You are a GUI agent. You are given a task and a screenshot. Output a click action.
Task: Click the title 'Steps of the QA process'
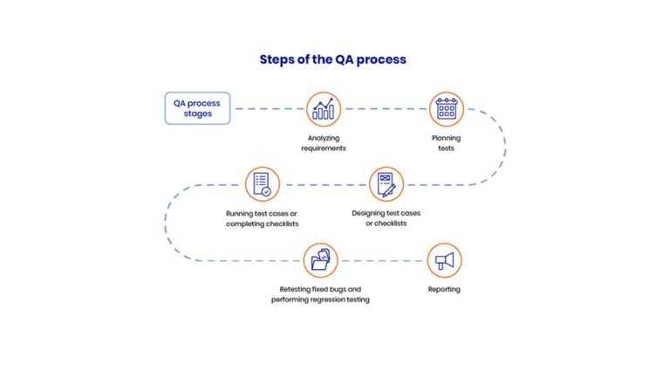pyautogui.click(x=332, y=59)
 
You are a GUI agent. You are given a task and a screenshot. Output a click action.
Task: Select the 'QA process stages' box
pyautogui.click(x=197, y=108)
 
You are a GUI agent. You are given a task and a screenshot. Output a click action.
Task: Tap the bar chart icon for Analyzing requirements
pyautogui.click(x=324, y=109)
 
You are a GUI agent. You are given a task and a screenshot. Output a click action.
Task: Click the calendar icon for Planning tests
pyautogui.click(x=446, y=109)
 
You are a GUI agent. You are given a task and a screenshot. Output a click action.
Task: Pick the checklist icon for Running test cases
pyautogui.click(x=262, y=184)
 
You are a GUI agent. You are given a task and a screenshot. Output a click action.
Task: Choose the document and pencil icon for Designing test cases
pyautogui.click(x=386, y=184)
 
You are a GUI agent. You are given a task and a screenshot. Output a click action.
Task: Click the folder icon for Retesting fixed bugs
pyautogui.click(x=320, y=260)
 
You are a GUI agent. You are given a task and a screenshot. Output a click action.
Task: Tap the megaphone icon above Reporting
pyautogui.click(x=444, y=260)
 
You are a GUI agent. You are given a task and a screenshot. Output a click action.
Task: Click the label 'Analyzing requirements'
pyautogui.click(x=324, y=143)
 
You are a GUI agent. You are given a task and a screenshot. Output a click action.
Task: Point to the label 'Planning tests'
pyautogui.click(x=446, y=143)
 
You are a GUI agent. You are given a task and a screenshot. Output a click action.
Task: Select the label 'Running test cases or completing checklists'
pyautogui.click(x=262, y=218)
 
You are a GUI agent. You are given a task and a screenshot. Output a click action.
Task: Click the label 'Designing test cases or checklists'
pyautogui.click(x=386, y=218)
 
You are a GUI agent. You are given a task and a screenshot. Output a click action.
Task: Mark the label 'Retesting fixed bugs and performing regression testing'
pyautogui.click(x=320, y=294)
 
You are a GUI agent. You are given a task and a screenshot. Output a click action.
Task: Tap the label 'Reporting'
pyautogui.click(x=444, y=289)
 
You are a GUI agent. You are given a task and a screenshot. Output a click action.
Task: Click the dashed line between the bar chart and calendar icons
pyautogui.click(x=385, y=109)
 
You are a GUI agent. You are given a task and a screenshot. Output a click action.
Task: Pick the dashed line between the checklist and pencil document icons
pyautogui.click(x=324, y=184)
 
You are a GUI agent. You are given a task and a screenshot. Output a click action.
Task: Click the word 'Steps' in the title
pyautogui.click(x=278, y=59)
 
